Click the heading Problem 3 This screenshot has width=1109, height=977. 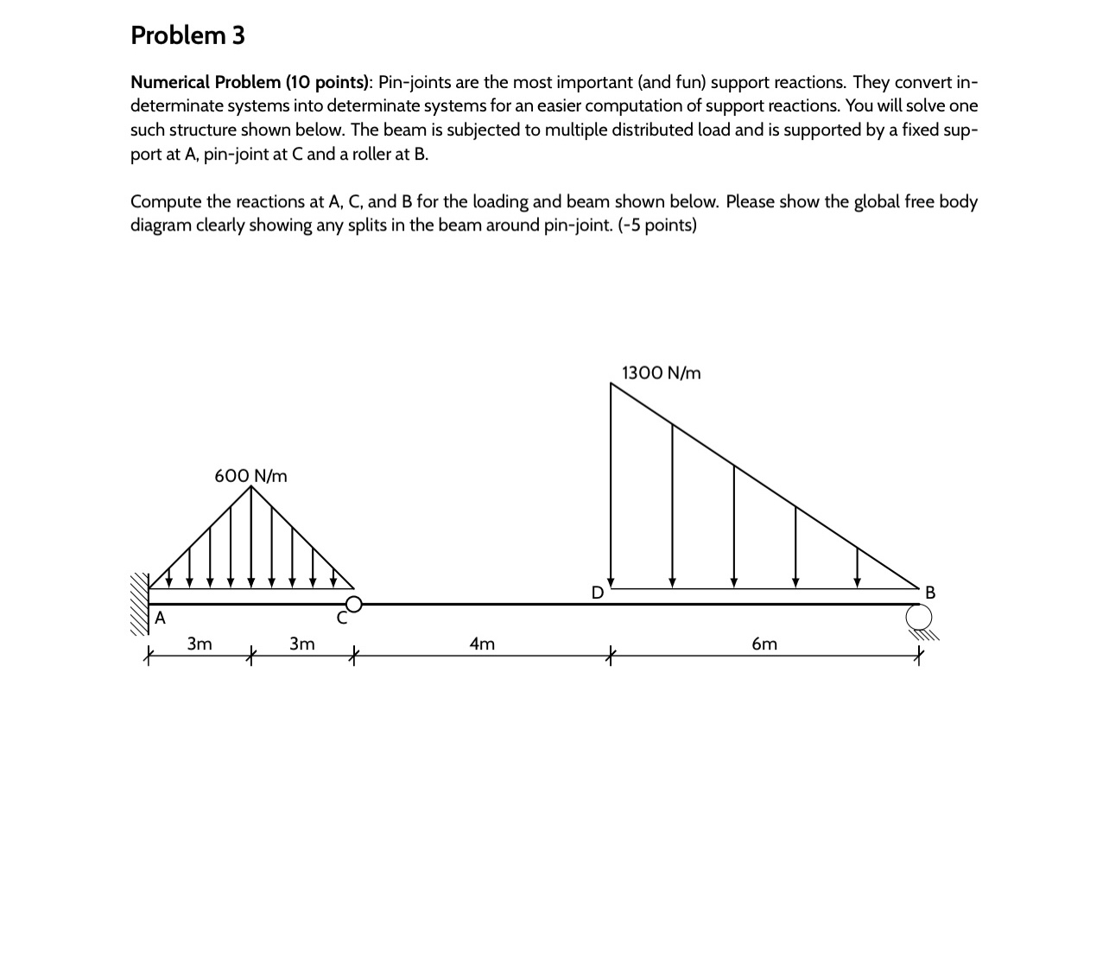point(187,35)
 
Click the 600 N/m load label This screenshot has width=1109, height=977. point(250,476)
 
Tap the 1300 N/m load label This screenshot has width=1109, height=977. point(661,373)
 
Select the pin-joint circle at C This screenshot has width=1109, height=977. point(352,604)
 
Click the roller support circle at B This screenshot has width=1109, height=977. point(919,618)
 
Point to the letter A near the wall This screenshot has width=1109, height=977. point(160,618)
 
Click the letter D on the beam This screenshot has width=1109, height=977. point(597,593)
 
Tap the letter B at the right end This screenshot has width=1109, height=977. point(929,593)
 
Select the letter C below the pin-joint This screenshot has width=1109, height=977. point(342,619)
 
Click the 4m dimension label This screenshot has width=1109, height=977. point(482,644)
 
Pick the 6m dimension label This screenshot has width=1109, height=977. point(764,644)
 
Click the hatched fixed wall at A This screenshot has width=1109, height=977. point(139,604)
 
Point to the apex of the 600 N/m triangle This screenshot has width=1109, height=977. point(251,487)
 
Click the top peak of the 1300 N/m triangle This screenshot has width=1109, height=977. point(612,384)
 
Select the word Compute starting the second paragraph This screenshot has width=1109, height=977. point(164,202)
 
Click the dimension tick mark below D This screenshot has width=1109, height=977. point(611,656)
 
